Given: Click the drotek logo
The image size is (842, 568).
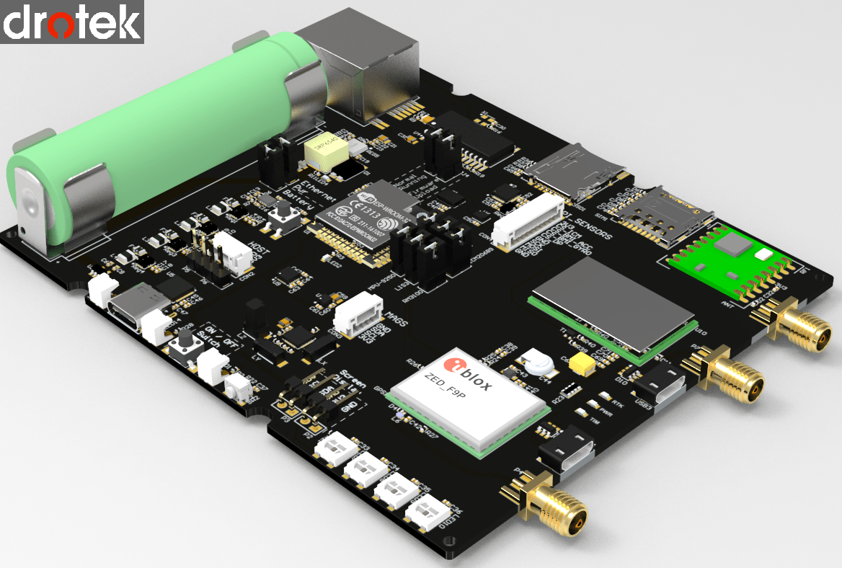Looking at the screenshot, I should [x=72, y=22].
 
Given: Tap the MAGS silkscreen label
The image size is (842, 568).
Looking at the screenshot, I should [x=394, y=319].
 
